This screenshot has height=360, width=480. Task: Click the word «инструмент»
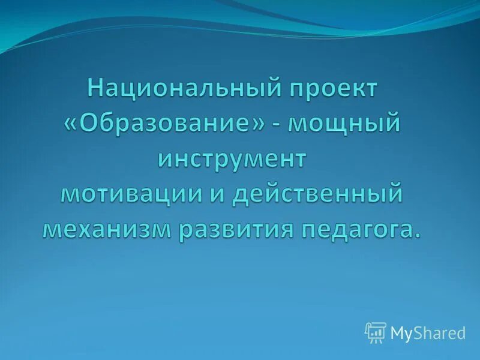point(232,159)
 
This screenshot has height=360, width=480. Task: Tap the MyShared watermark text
point(428,334)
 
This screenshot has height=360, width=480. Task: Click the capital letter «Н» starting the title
point(95,89)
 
